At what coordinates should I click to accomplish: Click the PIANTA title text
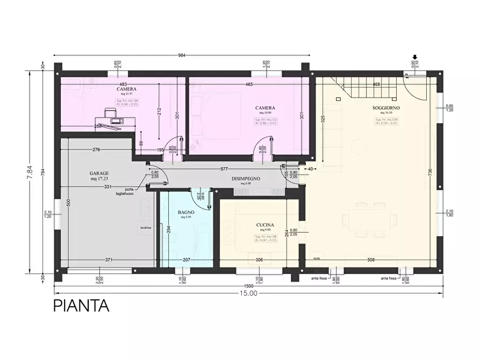[x=81, y=306]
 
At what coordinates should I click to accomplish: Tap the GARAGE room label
[x=99, y=174]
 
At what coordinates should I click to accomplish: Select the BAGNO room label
[x=186, y=212]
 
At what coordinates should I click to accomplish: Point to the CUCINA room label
[x=266, y=225]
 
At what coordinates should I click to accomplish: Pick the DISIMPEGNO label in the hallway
[x=246, y=178]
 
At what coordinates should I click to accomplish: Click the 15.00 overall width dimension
[x=248, y=293]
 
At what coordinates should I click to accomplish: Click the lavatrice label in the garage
[x=146, y=228]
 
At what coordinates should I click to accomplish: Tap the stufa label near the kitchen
[x=317, y=258]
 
